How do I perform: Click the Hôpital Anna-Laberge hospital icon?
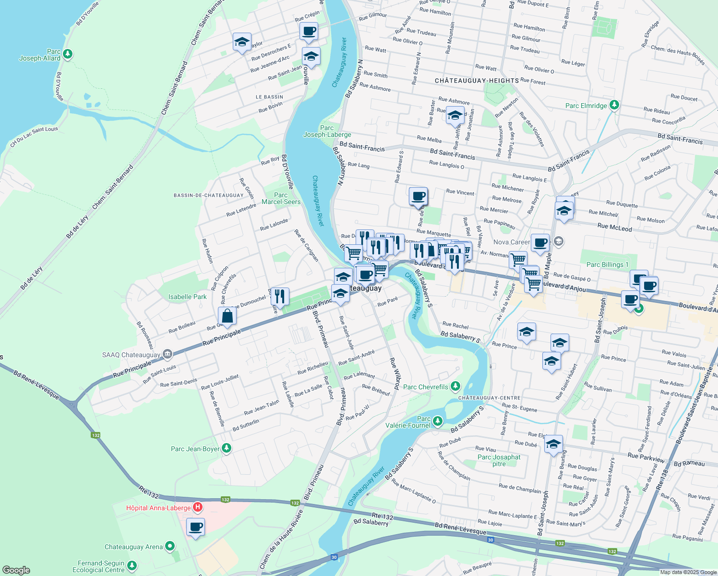[197, 507]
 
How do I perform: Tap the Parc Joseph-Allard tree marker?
[68, 54]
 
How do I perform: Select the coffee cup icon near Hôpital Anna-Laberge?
[195, 527]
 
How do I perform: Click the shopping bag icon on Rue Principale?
[227, 316]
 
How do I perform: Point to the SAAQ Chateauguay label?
[131, 355]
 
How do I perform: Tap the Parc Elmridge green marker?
[614, 105]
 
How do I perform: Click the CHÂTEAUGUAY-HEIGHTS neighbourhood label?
[477, 81]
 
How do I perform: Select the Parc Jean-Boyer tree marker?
[227, 448]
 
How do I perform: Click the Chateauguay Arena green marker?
[169, 546]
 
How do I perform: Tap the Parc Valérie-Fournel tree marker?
[437, 421]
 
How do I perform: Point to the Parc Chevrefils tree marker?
[455, 386]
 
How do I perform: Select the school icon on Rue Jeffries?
[455, 116]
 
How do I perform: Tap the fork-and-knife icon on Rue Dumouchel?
[280, 296]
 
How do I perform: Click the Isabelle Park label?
[187, 297]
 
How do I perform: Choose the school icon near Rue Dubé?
[553, 444]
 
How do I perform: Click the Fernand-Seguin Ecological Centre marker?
[132, 566]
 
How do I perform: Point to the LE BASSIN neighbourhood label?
[269, 97]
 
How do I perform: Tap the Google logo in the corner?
[16, 570]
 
